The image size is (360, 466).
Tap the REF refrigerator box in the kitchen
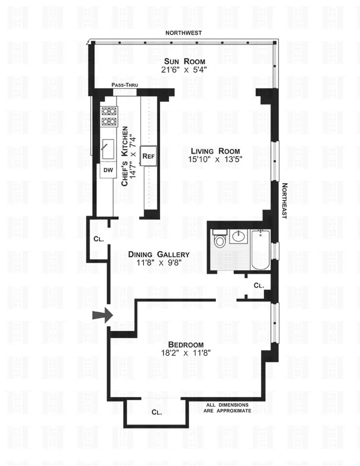click(148, 156)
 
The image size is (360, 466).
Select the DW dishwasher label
click(108, 170)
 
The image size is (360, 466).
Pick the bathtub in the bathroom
click(261, 250)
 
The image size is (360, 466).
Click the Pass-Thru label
click(125, 85)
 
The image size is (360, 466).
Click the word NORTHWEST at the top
click(183, 33)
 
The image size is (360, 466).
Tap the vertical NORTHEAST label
click(284, 201)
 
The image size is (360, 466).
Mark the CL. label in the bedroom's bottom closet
click(157, 412)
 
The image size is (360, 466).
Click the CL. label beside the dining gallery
click(99, 239)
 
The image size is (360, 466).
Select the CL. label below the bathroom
click(258, 285)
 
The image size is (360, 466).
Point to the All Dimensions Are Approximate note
click(228, 408)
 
